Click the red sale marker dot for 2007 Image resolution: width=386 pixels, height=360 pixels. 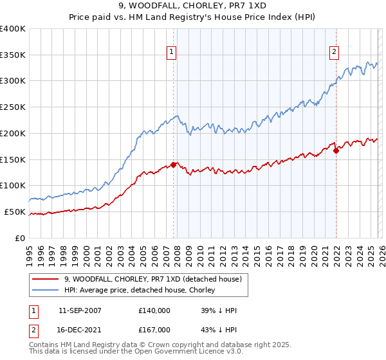tap(173, 165)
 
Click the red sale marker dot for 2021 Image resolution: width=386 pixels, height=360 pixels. tap(336, 150)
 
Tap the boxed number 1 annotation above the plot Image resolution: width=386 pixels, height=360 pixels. tap(172, 53)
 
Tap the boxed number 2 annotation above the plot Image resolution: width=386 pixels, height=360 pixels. tap(335, 53)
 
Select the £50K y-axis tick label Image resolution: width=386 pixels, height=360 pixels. tap(15, 212)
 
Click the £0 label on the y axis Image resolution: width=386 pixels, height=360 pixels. tap(21, 238)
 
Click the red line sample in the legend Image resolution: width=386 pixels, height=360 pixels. tap(46, 279)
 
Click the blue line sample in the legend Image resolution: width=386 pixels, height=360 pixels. tap(46, 290)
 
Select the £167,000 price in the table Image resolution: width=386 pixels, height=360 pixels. tap(154, 329)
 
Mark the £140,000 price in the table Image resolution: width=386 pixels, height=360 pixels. tap(154, 310)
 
